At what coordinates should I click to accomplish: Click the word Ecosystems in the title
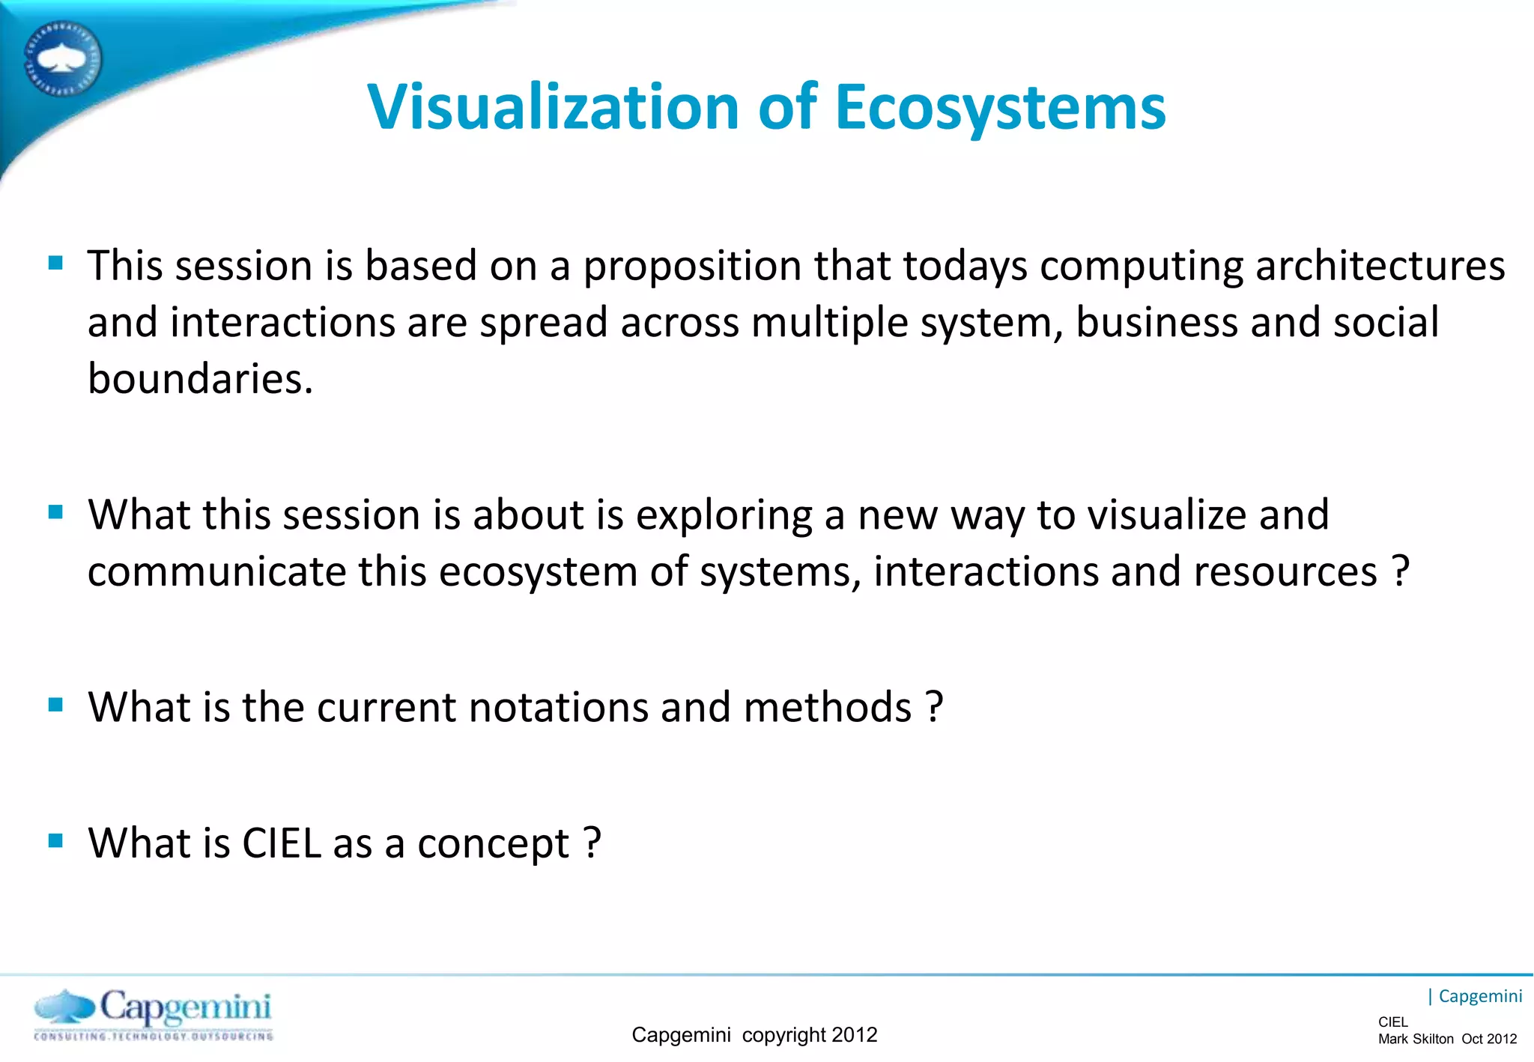coord(1000,107)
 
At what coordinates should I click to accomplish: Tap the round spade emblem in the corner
coord(62,58)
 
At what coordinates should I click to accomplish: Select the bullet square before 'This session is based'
coord(55,263)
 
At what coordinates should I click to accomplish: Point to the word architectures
coord(1379,267)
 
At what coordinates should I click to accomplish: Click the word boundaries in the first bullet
coord(200,379)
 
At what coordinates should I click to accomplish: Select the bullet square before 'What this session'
coord(55,512)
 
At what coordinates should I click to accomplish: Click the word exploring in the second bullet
coord(724,516)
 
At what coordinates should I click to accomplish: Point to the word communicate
coord(216,572)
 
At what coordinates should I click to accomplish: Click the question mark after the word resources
coord(1400,572)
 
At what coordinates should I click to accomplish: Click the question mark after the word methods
coord(934,707)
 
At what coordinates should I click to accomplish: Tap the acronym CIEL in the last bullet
coord(282,843)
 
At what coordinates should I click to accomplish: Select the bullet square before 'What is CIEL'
coord(55,841)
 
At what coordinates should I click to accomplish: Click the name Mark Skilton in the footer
coord(1415,1040)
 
